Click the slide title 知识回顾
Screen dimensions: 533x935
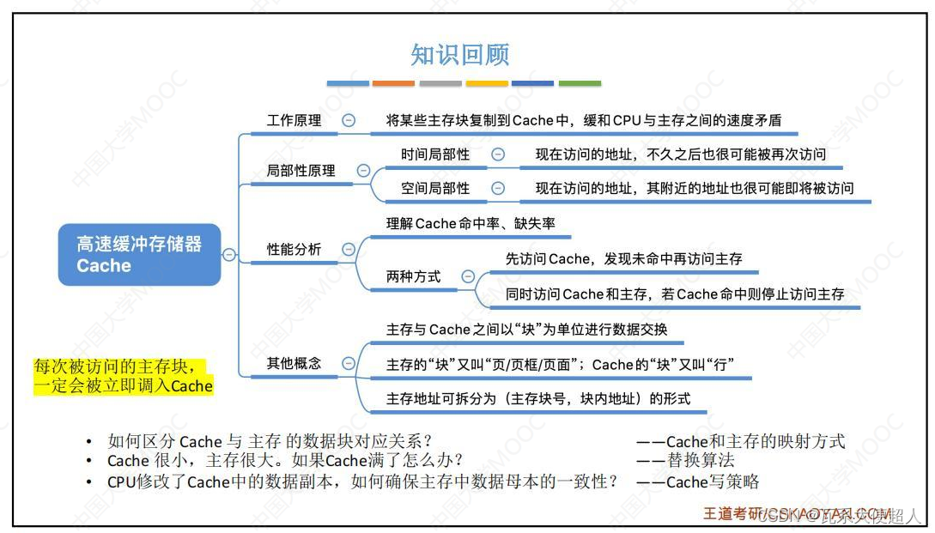tap(460, 55)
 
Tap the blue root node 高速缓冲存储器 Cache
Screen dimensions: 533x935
tap(139, 255)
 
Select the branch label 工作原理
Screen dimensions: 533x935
tap(294, 120)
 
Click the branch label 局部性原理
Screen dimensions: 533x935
tap(301, 171)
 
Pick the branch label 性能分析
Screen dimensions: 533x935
tap(294, 250)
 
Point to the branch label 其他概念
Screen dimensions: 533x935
tap(294, 363)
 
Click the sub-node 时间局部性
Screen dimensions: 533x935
tap(435, 154)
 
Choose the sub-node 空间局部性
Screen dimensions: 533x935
tap(435, 188)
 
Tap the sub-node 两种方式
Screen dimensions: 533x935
tap(414, 276)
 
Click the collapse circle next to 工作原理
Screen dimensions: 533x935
tap(349, 121)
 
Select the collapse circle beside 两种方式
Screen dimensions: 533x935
tap(468, 276)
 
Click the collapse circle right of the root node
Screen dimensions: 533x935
tap(229, 254)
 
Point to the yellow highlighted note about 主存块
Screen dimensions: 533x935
tap(122, 376)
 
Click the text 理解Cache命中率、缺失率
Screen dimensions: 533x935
tap(471, 224)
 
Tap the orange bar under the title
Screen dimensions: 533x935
tap(393, 83)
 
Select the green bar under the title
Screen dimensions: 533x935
tap(580, 83)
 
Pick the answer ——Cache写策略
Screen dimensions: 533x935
tap(697, 482)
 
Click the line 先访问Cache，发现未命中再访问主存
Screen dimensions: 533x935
tap(624, 258)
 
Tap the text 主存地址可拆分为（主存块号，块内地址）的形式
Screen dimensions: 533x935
tap(538, 398)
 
